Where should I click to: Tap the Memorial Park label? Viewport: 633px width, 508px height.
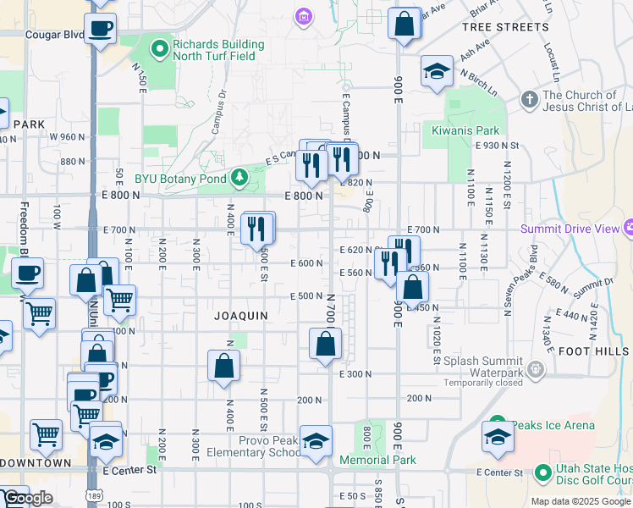(377, 461)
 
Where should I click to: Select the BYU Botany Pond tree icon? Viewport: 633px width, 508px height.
(239, 177)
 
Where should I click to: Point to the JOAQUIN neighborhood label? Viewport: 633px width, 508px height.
(241, 316)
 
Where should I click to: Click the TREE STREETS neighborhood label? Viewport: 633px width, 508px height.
(505, 28)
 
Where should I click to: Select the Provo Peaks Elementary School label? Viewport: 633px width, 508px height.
(253, 446)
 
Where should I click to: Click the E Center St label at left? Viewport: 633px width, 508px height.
(129, 469)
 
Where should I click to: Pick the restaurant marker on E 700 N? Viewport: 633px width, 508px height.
(257, 228)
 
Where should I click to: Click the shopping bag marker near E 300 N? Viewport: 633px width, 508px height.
(325, 345)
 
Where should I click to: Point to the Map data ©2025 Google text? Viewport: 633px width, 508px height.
(581, 501)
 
